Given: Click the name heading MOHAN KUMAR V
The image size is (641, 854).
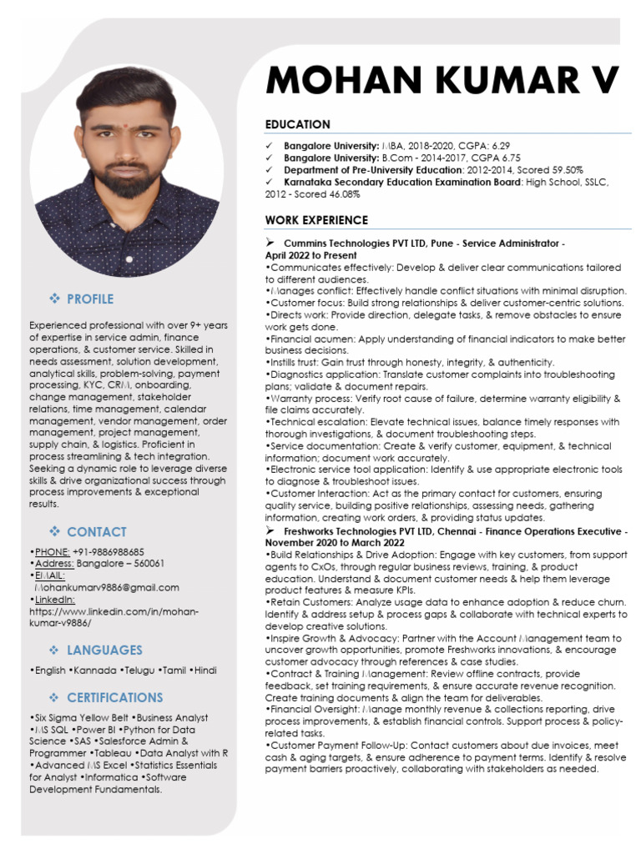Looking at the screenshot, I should [442, 81].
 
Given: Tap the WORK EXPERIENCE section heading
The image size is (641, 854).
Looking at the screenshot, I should [316, 220].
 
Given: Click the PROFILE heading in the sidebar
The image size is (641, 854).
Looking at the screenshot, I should [90, 299].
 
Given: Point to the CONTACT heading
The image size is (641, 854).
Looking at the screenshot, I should [97, 532].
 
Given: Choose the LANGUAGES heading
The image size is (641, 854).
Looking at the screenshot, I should [104, 650].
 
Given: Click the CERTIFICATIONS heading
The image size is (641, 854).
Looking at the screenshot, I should [115, 697].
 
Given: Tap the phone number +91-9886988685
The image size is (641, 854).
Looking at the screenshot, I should [108, 552].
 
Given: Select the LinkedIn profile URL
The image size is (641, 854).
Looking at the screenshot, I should [114, 617].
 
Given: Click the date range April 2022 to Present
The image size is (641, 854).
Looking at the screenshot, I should [310, 255].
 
